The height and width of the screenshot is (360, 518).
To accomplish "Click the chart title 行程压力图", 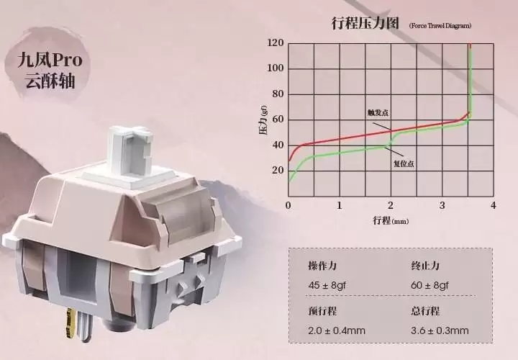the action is [x=365, y=24].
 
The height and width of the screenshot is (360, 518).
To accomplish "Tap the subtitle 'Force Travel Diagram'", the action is [x=440, y=25].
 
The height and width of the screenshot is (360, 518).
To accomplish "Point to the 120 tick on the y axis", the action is [x=275, y=42].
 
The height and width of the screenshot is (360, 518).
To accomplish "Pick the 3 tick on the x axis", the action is [x=442, y=205].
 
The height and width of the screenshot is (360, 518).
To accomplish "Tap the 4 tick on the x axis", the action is [x=494, y=205].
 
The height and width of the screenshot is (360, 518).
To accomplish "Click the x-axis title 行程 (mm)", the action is [x=391, y=220].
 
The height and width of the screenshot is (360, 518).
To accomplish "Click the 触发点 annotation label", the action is [x=378, y=113].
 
